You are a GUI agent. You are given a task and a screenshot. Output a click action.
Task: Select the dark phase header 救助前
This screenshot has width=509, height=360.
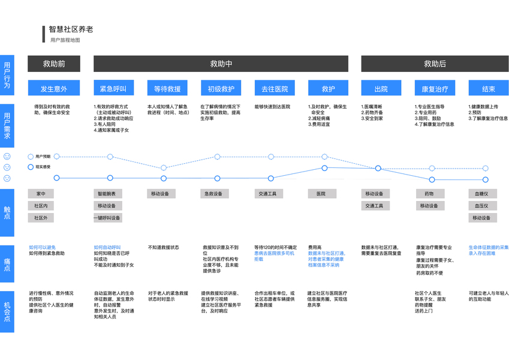(54, 64)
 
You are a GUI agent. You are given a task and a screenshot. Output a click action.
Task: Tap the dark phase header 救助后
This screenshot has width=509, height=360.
(435, 64)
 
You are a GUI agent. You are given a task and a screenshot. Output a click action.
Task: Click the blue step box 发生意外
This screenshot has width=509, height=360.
(54, 89)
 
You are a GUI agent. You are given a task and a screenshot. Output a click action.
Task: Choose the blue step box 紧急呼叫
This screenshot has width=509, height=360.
(113, 89)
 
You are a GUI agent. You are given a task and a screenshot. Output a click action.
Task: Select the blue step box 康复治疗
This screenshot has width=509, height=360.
(435, 89)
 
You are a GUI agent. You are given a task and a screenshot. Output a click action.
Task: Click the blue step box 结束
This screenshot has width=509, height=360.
(489, 89)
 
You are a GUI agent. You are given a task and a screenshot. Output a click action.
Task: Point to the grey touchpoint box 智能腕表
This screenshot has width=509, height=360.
(108, 194)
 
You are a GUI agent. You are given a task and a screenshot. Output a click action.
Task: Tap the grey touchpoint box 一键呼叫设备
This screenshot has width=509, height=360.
(108, 218)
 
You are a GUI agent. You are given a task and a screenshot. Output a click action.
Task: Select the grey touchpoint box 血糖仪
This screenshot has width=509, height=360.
(481, 194)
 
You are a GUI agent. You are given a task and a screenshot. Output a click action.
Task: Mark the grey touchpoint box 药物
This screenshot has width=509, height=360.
(429, 194)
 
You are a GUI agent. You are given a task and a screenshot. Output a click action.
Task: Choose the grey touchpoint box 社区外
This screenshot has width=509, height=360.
(41, 218)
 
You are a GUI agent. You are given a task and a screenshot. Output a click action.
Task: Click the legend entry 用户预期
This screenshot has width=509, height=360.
(44, 156)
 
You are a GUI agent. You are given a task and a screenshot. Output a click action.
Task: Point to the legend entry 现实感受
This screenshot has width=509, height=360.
(44, 167)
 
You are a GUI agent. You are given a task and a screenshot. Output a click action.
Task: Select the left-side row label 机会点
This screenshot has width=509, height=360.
(7, 305)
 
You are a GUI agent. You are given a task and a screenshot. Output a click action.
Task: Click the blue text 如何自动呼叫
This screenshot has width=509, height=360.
(107, 247)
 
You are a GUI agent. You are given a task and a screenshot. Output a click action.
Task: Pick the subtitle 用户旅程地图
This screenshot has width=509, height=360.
(65, 40)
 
